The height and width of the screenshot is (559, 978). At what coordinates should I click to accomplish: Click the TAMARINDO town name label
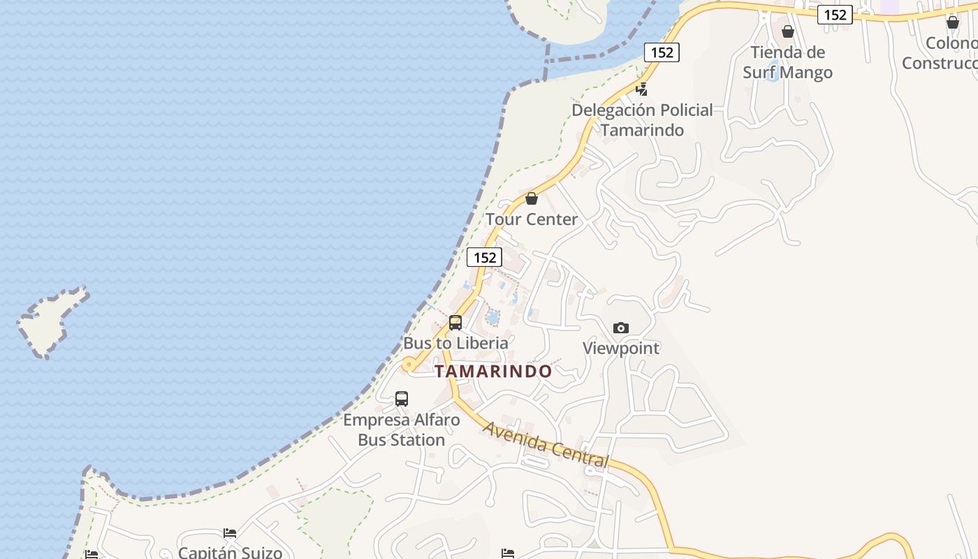tap(493, 371)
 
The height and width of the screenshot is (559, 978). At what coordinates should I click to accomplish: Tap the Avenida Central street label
tap(546, 444)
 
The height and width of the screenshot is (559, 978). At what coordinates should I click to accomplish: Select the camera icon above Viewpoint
tap(620, 328)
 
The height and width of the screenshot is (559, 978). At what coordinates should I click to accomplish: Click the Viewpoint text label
tap(620, 348)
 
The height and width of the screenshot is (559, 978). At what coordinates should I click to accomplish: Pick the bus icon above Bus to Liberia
tap(455, 323)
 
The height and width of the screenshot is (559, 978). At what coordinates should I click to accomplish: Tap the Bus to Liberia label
tap(455, 343)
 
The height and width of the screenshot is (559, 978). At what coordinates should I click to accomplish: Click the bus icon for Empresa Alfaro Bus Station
tap(402, 399)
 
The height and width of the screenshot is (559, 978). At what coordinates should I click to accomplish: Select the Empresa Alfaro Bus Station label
tap(402, 430)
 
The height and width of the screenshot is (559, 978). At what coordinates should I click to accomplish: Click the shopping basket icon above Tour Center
tap(532, 198)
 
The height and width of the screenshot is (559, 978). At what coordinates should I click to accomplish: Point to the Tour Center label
tap(532, 219)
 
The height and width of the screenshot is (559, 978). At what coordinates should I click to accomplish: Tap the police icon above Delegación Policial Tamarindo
tap(641, 89)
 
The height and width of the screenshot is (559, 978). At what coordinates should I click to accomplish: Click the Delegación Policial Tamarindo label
tap(642, 120)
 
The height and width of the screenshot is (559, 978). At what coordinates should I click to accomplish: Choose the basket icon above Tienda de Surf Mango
tap(788, 31)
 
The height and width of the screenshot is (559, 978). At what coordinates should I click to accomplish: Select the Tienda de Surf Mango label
tap(787, 62)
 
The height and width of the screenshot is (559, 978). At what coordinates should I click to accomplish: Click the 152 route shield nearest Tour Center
tap(484, 257)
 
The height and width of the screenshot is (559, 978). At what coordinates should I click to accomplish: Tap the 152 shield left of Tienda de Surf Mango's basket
tap(662, 52)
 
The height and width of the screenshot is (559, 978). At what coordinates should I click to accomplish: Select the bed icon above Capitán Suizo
tap(230, 533)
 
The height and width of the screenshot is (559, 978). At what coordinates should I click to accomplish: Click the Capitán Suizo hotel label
tap(230, 552)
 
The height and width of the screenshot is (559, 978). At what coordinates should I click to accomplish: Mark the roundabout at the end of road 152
tap(408, 363)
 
